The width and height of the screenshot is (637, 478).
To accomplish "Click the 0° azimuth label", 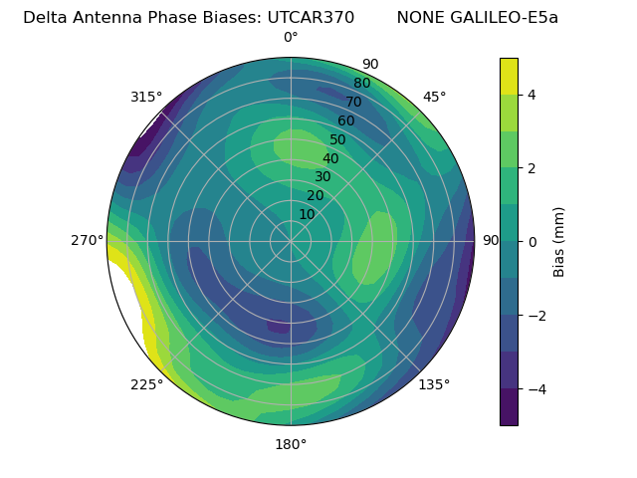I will click(x=291, y=38).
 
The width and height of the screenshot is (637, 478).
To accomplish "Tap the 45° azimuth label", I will click(x=434, y=97).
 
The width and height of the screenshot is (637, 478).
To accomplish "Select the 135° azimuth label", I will click(x=434, y=384).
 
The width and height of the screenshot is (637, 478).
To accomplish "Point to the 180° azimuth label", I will click(x=291, y=444).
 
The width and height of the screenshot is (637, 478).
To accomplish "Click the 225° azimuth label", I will click(x=146, y=385).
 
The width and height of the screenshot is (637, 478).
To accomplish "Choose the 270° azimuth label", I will click(x=87, y=240).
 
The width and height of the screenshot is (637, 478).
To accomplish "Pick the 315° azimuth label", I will click(x=146, y=97).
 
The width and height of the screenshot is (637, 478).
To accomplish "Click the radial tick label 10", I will click(x=307, y=214).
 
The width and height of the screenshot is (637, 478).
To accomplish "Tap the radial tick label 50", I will click(x=338, y=140).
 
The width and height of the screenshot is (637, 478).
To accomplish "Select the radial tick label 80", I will click(x=361, y=84).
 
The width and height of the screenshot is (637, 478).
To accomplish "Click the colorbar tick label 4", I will click(x=531, y=95).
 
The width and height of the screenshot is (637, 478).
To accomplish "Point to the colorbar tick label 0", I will click(x=531, y=242).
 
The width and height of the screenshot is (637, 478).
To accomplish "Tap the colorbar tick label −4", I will click(x=535, y=388).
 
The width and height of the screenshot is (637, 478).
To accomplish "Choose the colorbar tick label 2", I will click(x=531, y=168).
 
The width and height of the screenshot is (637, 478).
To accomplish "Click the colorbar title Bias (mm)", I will click(x=559, y=242).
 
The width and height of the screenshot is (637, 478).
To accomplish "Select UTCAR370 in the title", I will click(x=311, y=18).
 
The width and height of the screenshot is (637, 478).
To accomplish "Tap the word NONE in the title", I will click(x=420, y=18).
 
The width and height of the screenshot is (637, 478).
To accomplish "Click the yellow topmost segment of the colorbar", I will click(x=509, y=76).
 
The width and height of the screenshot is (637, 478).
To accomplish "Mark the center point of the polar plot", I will click(x=291, y=241).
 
